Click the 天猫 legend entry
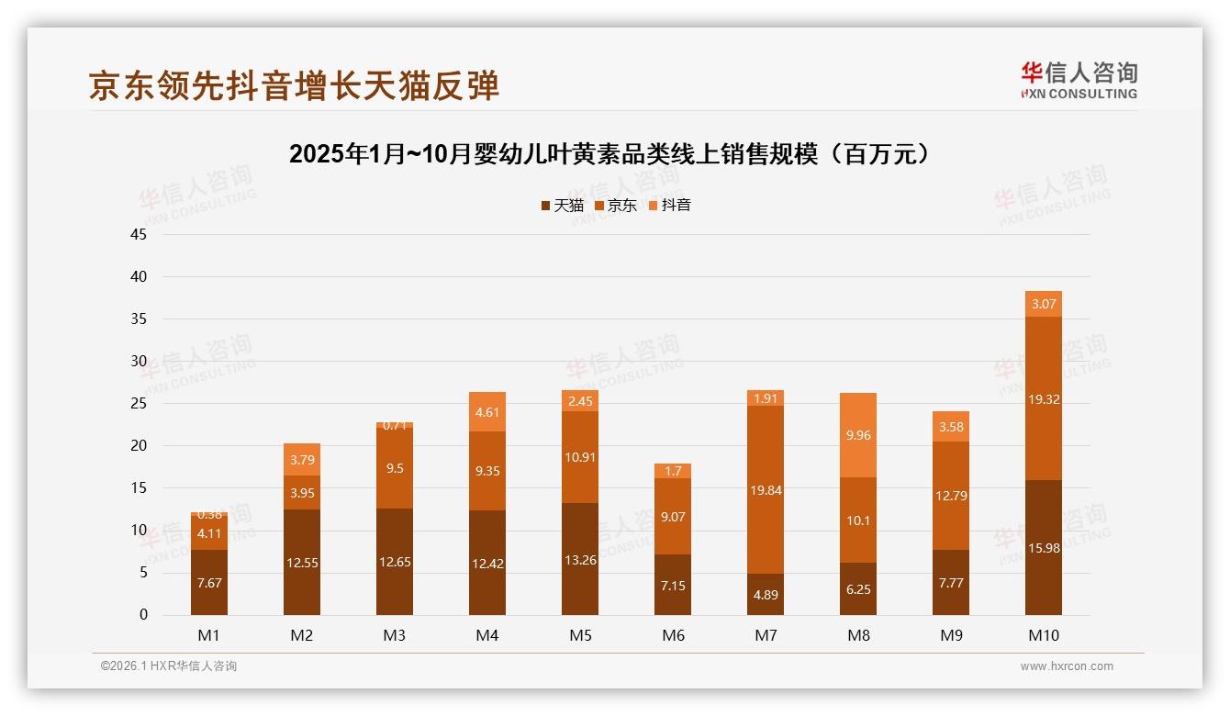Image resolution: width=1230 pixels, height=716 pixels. (x=562, y=206)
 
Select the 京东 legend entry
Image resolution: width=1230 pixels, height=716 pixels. (x=616, y=206)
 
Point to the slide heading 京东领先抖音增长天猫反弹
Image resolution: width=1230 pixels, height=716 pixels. (x=294, y=85)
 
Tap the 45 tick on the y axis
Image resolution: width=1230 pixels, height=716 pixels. (x=139, y=234)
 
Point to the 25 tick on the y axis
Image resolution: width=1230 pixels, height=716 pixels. (x=139, y=403)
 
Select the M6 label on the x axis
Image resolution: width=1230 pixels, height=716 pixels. (x=673, y=635)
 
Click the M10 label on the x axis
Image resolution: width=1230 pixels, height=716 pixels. (x=1043, y=635)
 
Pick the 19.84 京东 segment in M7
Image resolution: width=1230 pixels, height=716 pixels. (x=766, y=489)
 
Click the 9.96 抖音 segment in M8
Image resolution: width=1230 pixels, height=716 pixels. (x=858, y=435)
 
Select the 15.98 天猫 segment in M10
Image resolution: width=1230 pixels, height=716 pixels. (x=1043, y=547)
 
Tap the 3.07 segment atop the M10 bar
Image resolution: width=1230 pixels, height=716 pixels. (x=1043, y=304)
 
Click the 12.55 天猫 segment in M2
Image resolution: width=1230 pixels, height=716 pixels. (x=302, y=562)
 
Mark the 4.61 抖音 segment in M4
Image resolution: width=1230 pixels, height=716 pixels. (x=487, y=411)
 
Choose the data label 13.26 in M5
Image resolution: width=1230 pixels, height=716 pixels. (x=580, y=560)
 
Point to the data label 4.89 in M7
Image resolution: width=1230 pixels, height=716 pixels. (x=766, y=595)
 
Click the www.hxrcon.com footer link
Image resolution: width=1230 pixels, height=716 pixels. (x=1067, y=666)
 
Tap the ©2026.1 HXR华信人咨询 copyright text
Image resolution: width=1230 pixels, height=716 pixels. (x=169, y=666)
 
